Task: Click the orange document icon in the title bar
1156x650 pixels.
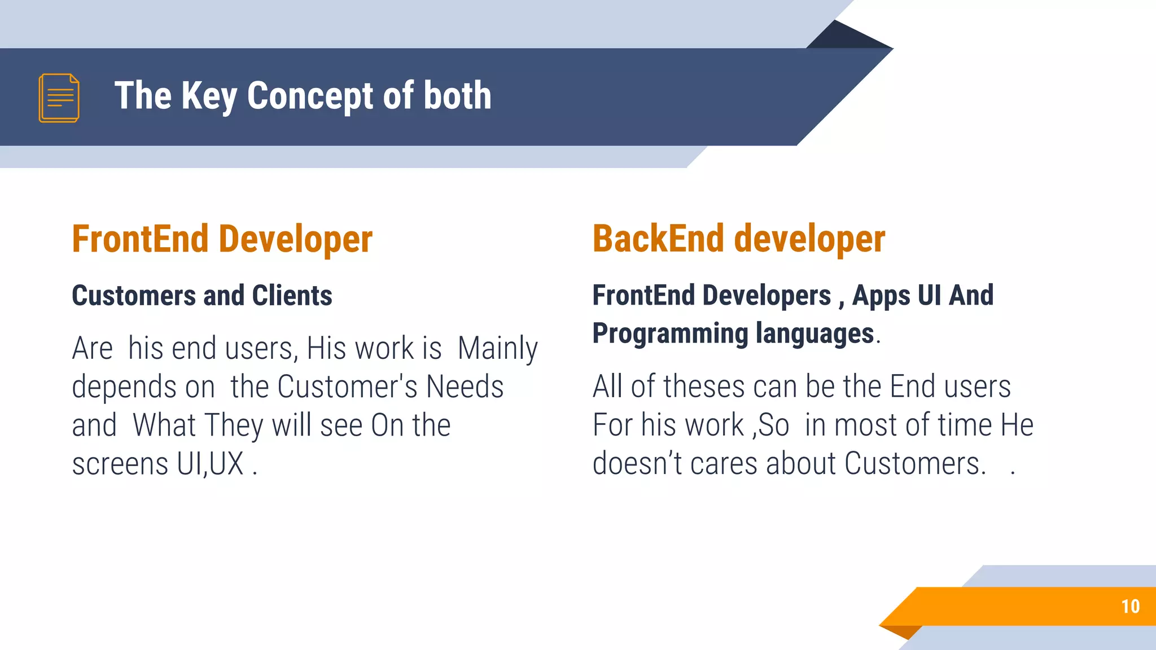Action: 59,98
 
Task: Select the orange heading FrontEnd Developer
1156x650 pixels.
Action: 222,239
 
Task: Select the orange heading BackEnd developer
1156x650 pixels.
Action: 738,239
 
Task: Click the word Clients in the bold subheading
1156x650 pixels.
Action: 292,296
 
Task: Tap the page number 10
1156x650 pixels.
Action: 1130,607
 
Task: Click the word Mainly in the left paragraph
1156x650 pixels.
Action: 497,349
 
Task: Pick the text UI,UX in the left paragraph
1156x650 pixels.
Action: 210,464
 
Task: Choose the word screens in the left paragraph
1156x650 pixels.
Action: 120,464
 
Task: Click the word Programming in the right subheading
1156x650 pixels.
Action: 670,333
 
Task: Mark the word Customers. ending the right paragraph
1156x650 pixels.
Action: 915,464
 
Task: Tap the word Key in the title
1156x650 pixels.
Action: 209,95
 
